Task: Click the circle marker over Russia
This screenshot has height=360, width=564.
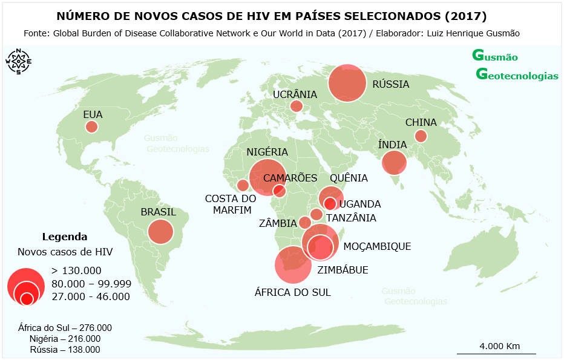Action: pos(347,82)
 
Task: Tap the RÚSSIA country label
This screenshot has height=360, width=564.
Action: pos(391,85)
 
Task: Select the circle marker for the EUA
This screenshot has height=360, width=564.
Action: pos(91,126)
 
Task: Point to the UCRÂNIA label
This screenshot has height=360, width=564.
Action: pos(295,94)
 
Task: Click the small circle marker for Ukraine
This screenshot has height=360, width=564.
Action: pos(296,106)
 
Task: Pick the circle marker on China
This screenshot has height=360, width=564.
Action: pos(421,136)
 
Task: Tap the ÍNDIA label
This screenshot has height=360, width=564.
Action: pos(392,145)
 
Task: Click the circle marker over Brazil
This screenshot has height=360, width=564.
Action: pos(161,232)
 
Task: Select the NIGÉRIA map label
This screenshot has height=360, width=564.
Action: pos(267,152)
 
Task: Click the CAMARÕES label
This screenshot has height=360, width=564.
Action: pos(290,178)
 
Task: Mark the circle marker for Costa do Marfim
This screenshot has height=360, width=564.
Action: pos(243,185)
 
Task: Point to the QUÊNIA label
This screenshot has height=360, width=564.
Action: pos(349,178)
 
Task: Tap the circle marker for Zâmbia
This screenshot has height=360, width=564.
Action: pos(305,223)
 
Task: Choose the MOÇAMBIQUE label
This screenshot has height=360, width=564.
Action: pos(377,246)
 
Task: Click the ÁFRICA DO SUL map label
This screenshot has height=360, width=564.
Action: pos(293,292)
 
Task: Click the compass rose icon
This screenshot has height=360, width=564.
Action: pos(19,61)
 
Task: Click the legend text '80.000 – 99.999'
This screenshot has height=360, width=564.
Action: pos(91,283)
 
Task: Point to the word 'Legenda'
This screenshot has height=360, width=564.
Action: pos(65,237)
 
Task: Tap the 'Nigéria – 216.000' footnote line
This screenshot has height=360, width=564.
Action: pos(65,339)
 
